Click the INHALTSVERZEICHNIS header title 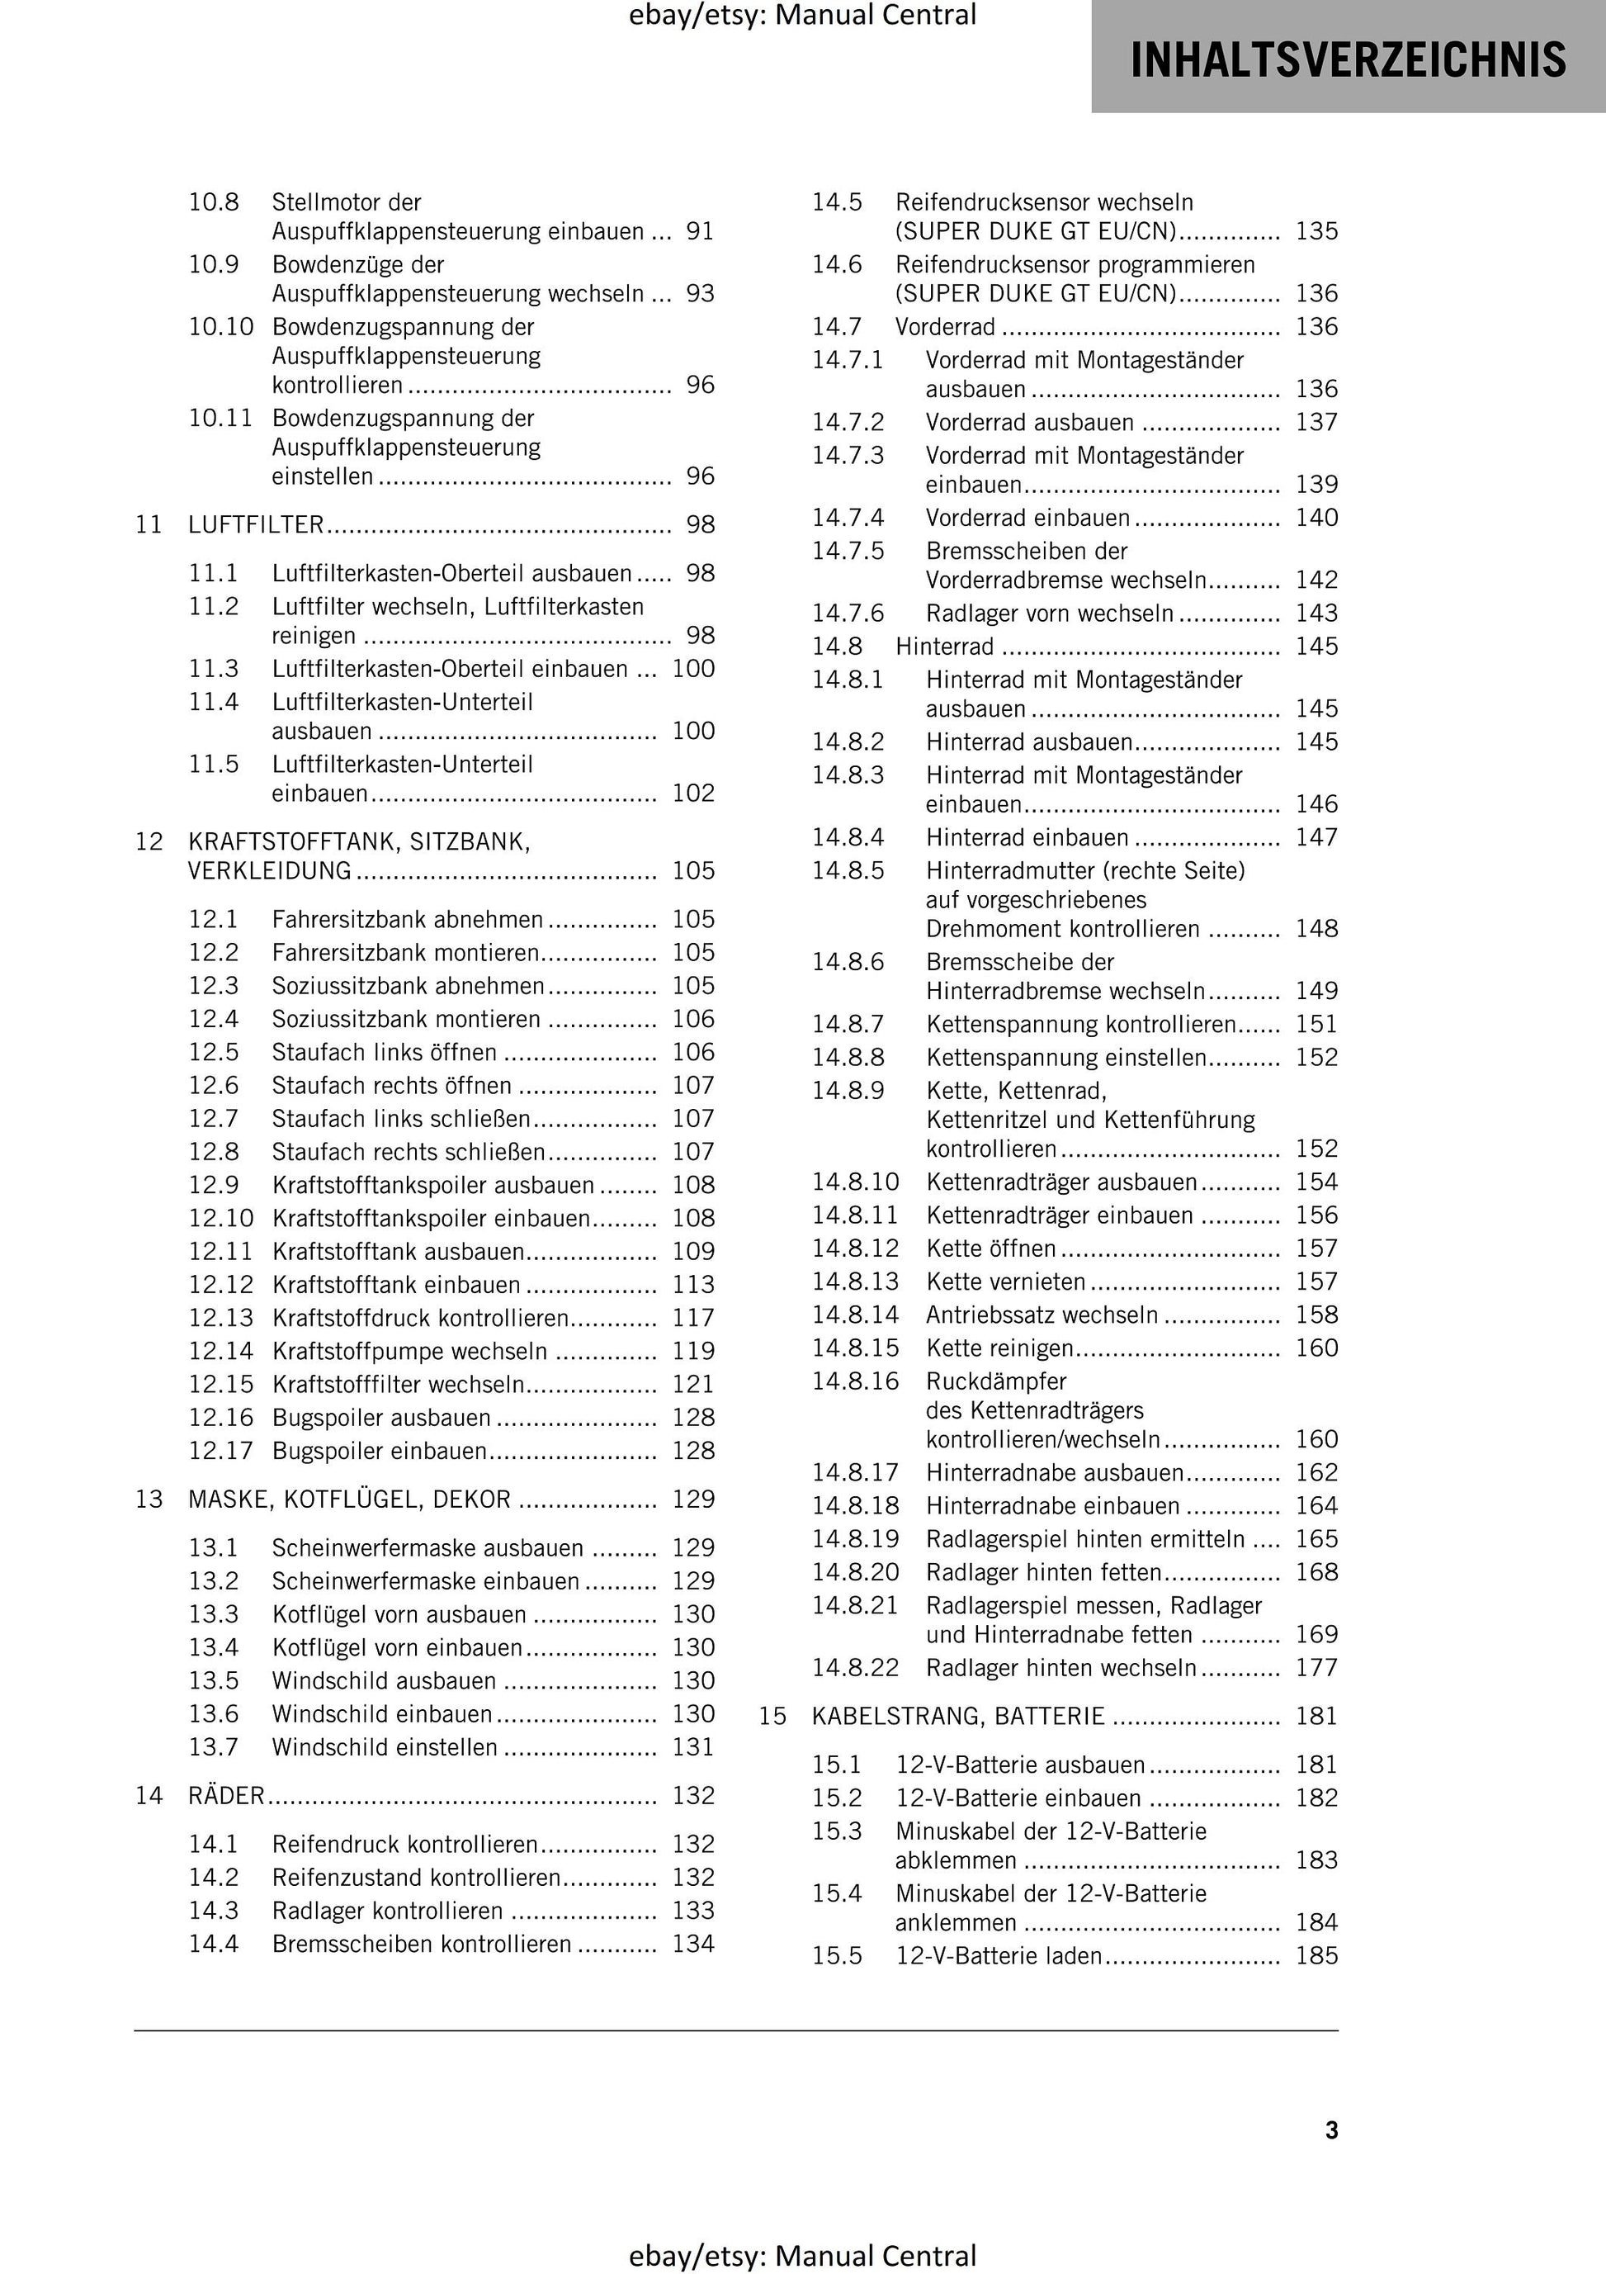pos(1348,59)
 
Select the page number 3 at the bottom pos(1332,2130)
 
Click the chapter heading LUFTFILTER pos(257,525)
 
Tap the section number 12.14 pos(221,1351)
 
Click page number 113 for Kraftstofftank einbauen pos(693,1285)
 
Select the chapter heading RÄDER pos(227,1796)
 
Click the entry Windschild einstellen pos(385,1747)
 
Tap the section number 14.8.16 pos(856,1381)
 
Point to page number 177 pos(1317,1668)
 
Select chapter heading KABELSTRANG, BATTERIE pos(957,1717)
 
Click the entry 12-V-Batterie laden pos(998,1956)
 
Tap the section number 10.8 pos(214,203)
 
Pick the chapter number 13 pos(149,1499)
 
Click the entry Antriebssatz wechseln pos(1042,1315)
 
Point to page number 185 pos(1317,1956)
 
